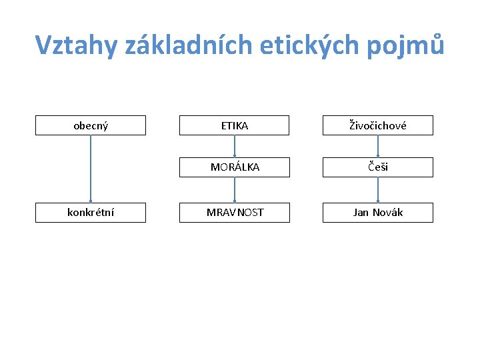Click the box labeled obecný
[90, 125]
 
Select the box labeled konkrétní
[90, 213]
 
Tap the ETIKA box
[235, 125]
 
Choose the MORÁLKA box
[235, 167]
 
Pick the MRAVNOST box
[235, 213]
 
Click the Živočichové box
[377, 125]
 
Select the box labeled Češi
[377, 167]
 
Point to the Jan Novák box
[377, 213]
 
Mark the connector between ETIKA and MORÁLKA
[235, 146]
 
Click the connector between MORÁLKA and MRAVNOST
[235, 190]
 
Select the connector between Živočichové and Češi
[377, 146]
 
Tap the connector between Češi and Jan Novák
[377, 190]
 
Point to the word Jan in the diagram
[361, 213]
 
